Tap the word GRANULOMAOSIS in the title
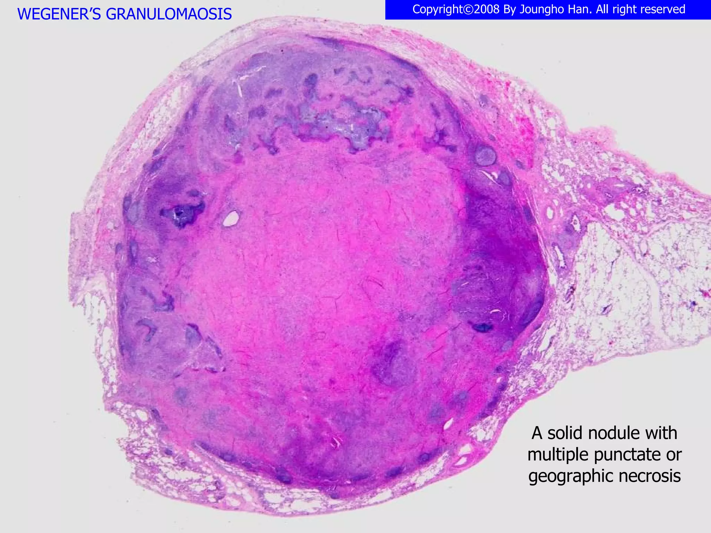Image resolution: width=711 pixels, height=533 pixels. pyautogui.click(x=169, y=14)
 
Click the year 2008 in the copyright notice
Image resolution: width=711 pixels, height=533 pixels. pyautogui.click(x=487, y=9)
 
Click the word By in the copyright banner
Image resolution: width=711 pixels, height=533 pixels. pyautogui.click(x=510, y=9)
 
